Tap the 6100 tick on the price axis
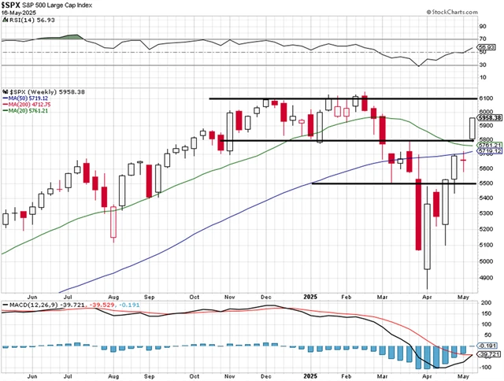[x=485, y=98]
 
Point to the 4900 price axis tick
[x=485, y=277]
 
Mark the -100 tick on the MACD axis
[x=485, y=367]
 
